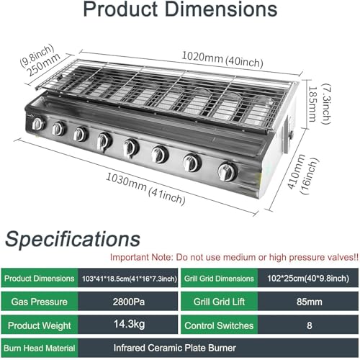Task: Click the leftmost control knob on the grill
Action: click(38, 124)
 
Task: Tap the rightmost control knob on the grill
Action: click(228, 172)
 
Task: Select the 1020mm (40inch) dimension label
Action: click(222, 59)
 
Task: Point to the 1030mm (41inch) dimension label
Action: click(145, 189)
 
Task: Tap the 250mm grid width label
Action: click(43, 65)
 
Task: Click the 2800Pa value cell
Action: click(128, 302)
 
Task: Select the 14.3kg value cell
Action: click(128, 325)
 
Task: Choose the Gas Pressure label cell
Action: click(40, 302)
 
